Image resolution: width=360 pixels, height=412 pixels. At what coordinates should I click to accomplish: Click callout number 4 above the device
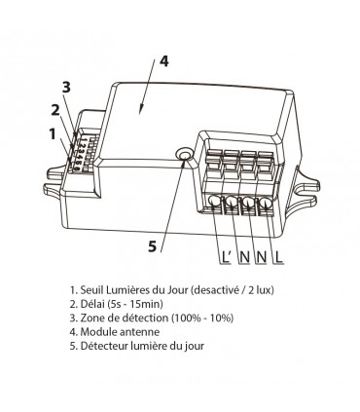tap(164, 60)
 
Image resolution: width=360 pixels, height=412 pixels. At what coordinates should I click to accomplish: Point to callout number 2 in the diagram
tap(56, 109)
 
